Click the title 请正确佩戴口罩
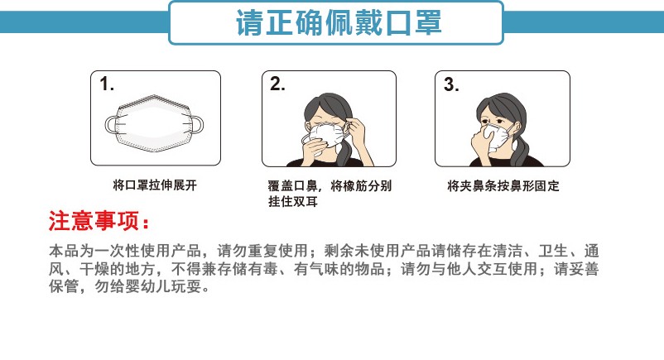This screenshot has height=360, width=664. (339, 22)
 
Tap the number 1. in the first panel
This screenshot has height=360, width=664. (107, 84)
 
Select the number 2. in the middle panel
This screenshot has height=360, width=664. (277, 84)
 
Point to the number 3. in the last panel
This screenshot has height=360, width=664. (451, 84)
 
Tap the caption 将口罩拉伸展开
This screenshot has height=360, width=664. (155, 185)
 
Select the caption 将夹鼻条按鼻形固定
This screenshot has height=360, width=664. (503, 185)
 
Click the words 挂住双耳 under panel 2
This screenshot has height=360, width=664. (292, 201)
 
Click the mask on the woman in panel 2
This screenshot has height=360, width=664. (327, 135)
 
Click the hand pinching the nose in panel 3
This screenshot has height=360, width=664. (483, 141)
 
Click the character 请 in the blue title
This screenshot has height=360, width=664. (250, 23)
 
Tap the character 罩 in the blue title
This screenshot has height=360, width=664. (428, 23)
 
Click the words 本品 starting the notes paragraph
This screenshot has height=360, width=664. (64, 251)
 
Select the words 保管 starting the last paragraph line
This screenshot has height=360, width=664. (64, 286)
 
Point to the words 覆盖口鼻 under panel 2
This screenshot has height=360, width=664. (292, 185)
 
